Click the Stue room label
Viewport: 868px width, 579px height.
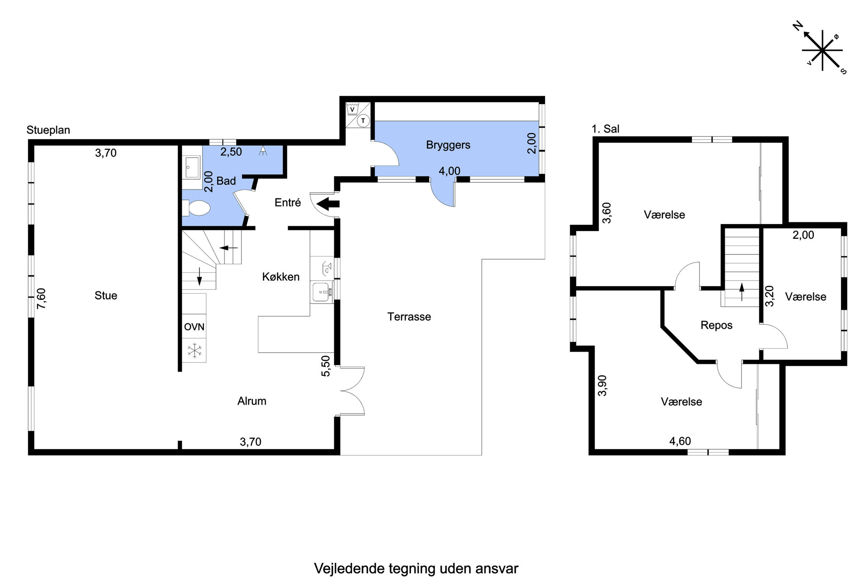[106, 295]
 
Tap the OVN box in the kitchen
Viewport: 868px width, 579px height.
[194, 326]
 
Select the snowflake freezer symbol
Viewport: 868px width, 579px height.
[194, 351]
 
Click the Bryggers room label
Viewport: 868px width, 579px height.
[448, 145]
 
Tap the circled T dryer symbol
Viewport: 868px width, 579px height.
[363, 120]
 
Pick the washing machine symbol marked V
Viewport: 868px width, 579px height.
[352, 109]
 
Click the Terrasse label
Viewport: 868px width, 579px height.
[409, 316]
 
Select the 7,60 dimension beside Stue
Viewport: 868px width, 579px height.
[41, 298]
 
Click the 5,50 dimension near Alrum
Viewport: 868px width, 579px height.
[325, 366]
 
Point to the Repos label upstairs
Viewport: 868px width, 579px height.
[716, 325]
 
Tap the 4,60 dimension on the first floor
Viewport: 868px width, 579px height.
[680, 441]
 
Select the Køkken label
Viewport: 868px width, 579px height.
[281, 277]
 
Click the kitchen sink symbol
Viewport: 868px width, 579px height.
[322, 292]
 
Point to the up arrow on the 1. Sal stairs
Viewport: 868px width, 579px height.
[742, 292]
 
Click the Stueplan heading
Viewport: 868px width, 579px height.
[48, 130]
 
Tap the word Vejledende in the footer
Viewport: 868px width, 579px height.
[349, 568]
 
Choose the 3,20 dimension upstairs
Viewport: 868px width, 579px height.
[770, 296]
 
